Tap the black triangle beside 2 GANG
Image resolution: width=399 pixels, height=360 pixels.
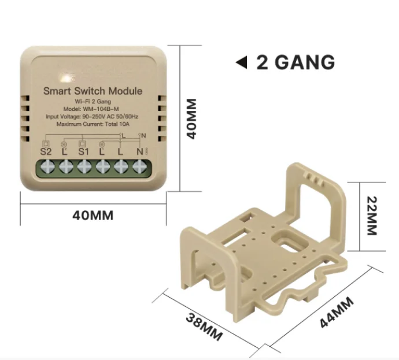point(242,62)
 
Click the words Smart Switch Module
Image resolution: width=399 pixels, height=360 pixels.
point(93,91)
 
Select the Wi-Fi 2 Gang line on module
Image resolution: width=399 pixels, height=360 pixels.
point(93,102)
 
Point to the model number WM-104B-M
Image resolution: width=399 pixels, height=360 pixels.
point(93,109)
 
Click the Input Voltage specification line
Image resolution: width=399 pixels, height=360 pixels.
point(93,117)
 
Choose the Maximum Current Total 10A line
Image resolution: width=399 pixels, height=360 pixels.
point(93,124)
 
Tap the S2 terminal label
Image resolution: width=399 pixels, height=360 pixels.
point(46,152)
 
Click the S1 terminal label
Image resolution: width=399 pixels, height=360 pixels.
point(83,152)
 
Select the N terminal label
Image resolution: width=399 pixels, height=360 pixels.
point(139,152)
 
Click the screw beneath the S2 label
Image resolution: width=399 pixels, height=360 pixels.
point(47,167)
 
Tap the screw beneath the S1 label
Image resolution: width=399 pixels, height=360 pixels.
point(84,167)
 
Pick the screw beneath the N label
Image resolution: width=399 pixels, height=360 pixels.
point(139,167)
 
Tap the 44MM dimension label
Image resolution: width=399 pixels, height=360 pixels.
point(337,313)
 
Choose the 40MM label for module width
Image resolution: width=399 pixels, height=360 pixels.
point(93,216)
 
